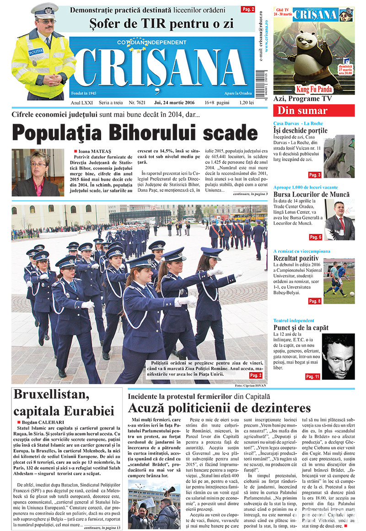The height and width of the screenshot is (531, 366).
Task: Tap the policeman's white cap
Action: (x=44, y=10)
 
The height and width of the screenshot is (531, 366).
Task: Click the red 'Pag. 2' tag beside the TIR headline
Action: (x=248, y=9)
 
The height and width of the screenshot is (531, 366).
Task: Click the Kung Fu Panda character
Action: (x=316, y=50)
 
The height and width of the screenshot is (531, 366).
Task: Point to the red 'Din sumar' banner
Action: (x=313, y=110)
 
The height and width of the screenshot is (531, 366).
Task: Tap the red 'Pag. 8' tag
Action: (x=315, y=301)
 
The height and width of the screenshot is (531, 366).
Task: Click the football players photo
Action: (x=339, y=283)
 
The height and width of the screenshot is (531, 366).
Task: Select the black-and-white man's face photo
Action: (x=338, y=356)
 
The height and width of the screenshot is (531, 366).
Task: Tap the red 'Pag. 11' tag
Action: (x=313, y=376)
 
